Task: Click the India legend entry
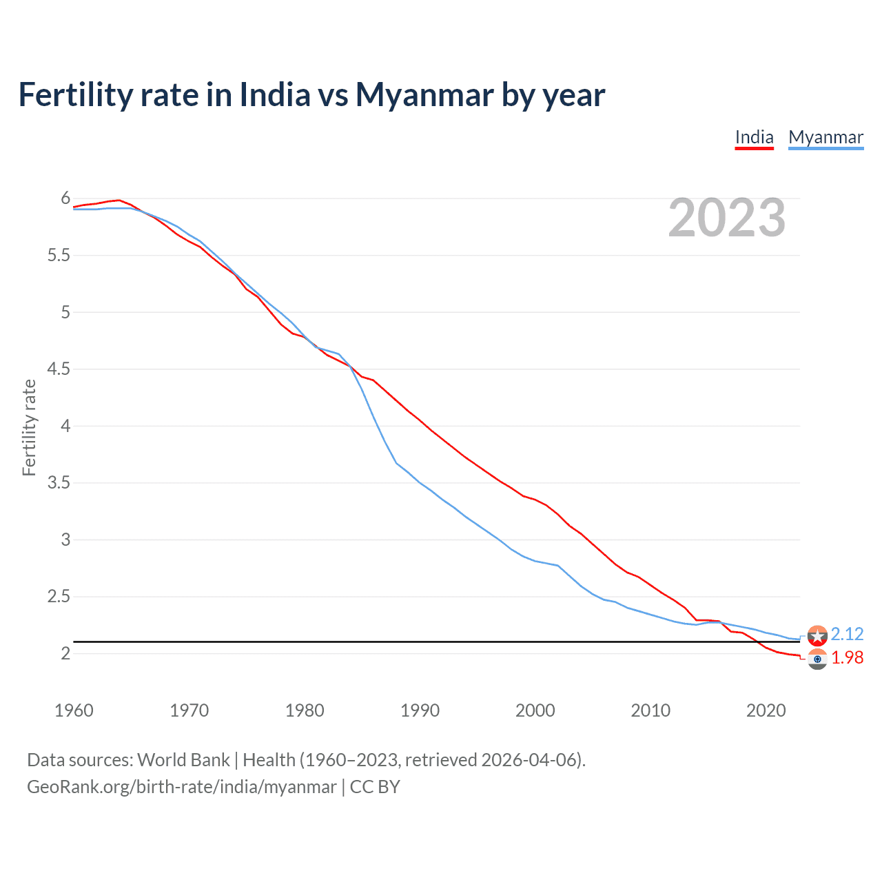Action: point(754,137)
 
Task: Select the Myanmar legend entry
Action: point(825,137)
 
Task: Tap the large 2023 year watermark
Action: point(726,218)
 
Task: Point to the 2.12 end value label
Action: point(847,634)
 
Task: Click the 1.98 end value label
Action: point(847,658)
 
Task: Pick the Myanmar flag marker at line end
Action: point(817,635)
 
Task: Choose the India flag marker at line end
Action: point(817,659)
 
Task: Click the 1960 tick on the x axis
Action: point(74,710)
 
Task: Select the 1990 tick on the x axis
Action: point(420,710)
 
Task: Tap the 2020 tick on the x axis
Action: point(766,710)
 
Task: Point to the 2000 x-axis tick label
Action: point(535,710)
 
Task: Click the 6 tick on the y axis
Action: point(65,198)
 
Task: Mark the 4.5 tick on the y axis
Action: point(59,369)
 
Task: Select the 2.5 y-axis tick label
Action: point(59,597)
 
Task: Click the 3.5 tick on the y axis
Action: point(59,483)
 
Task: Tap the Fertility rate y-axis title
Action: point(29,427)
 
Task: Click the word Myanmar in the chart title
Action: point(424,94)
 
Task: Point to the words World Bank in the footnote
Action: point(183,760)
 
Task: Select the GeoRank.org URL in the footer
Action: point(182,787)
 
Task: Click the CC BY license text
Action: point(375,787)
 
